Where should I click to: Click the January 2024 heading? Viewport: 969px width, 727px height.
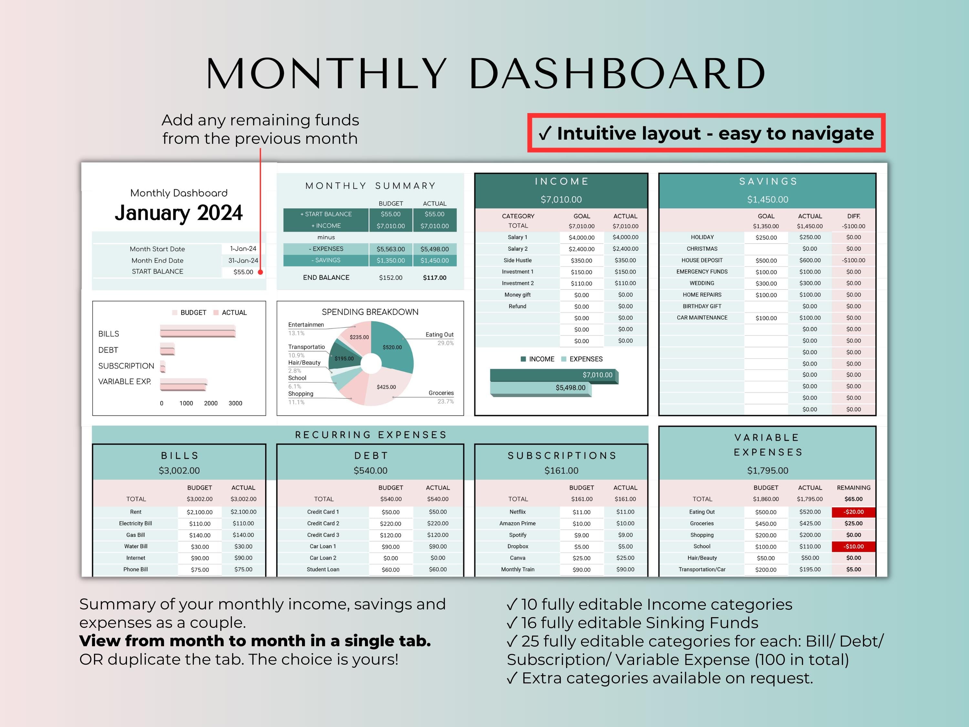click(x=178, y=213)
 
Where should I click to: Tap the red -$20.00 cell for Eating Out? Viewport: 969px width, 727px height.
click(x=853, y=512)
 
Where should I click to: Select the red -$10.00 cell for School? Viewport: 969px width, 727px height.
click(x=853, y=546)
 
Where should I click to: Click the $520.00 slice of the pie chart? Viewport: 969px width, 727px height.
click(x=392, y=347)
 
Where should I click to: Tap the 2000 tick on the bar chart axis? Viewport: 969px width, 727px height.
click(x=211, y=403)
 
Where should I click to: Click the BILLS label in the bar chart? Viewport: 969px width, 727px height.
click(x=109, y=334)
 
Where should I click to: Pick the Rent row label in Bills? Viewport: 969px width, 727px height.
click(x=135, y=512)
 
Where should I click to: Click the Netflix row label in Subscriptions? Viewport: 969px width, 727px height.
click(x=517, y=512)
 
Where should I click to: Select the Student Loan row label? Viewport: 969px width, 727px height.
click(x=323, y=570)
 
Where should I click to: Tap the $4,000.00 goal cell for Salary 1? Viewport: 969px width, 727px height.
click(x=581, y=237)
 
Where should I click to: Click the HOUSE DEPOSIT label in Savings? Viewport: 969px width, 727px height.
click(x=702, y=260)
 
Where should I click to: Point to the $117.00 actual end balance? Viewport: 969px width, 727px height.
click(x=434, y=278)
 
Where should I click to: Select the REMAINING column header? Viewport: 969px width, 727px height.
click(x=853, y=488)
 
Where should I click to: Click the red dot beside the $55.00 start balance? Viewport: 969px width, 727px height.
click(x=260, y=272)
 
